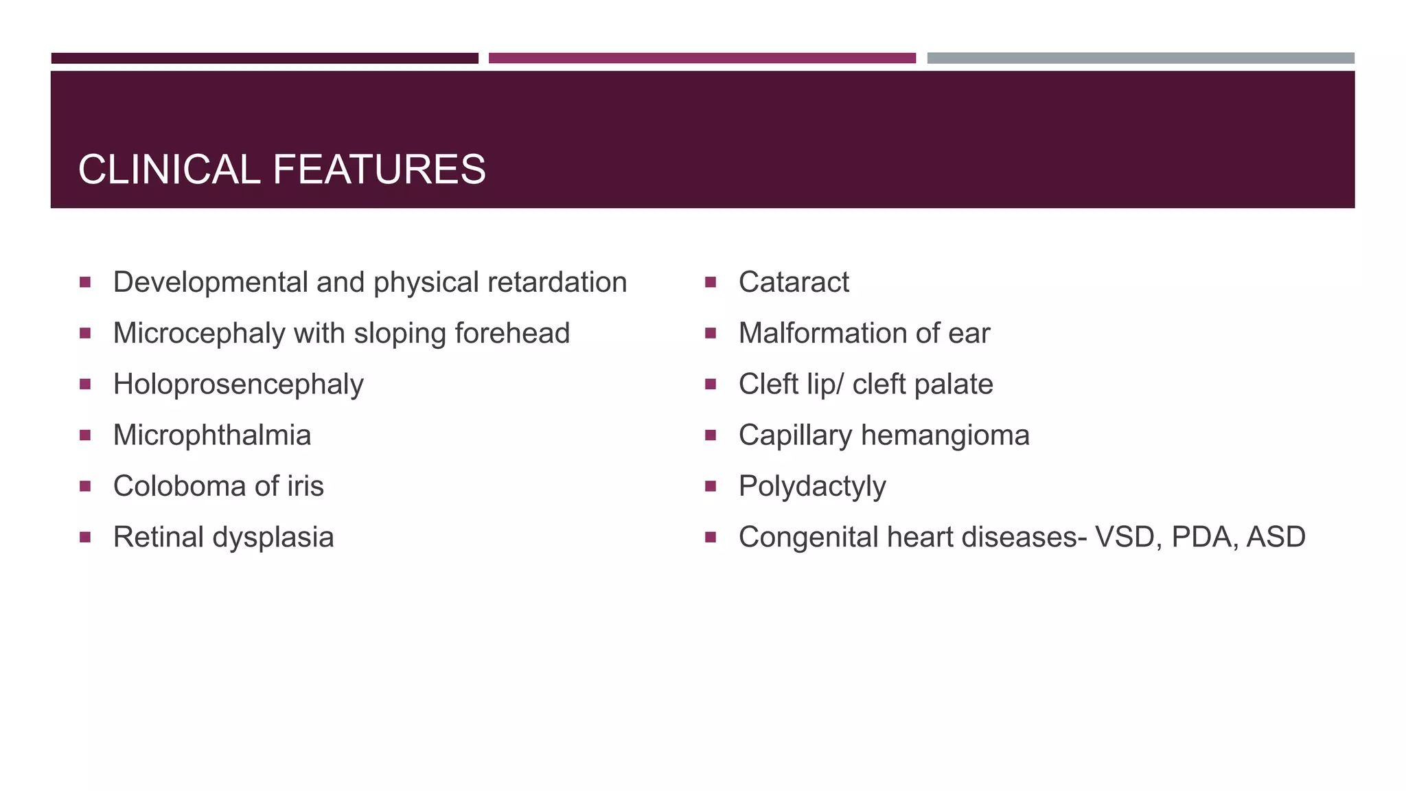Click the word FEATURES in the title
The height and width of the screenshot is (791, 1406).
(379, 170)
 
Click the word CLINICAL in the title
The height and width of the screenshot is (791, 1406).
(169, 170)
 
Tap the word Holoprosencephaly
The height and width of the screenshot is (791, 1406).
(238, 385)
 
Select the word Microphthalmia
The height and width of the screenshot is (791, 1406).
(212, 435)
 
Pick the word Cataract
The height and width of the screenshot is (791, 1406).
(794, 282)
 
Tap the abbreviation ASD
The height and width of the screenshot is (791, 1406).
(1276, 537)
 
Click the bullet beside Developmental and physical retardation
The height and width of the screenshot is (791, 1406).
(85, 282)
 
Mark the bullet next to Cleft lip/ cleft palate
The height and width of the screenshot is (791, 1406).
(711, 384)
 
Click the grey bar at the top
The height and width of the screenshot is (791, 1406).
(1140, 58)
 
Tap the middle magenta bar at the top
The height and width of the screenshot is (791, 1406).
(702, 58)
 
